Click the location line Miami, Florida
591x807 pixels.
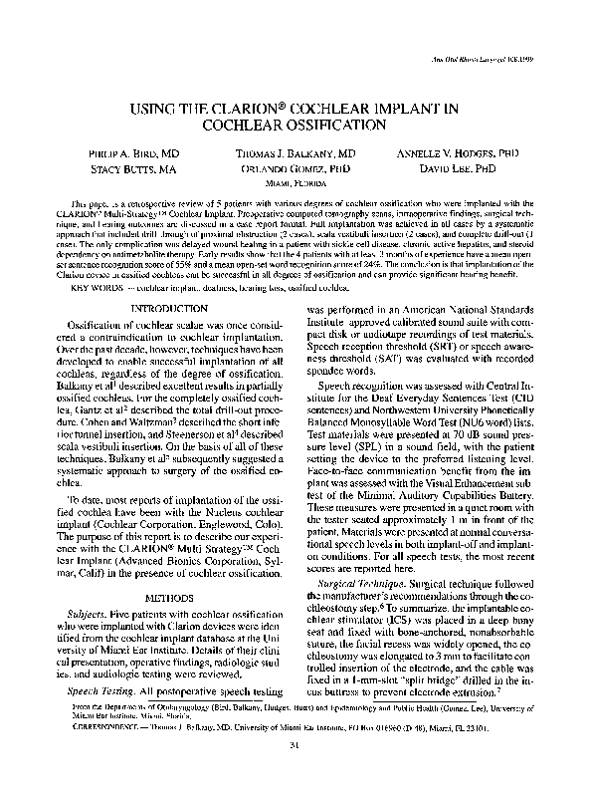click(x=295, y=184)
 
